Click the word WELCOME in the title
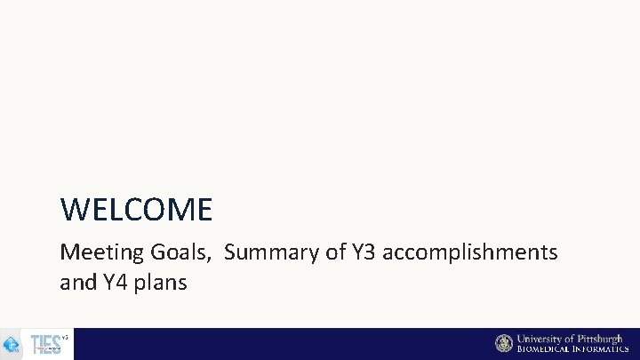click(x=136, y=210)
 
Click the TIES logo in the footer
click(x=45, y=344)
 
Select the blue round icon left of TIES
click(x=12, y=344)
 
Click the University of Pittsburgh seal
click(x=504, y=343)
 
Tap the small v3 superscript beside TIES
click(x=65, y=336)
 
